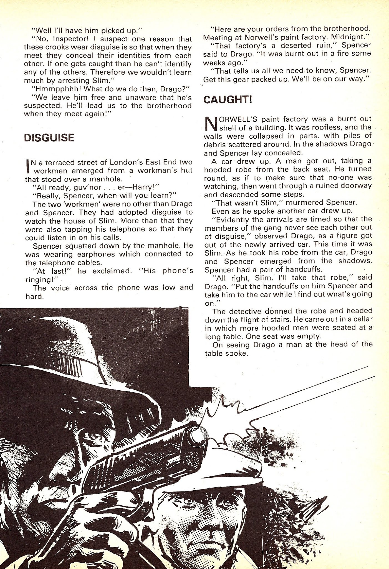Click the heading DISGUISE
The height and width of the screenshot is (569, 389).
click(49, 138)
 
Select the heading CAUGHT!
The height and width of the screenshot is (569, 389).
click(228, 100)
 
